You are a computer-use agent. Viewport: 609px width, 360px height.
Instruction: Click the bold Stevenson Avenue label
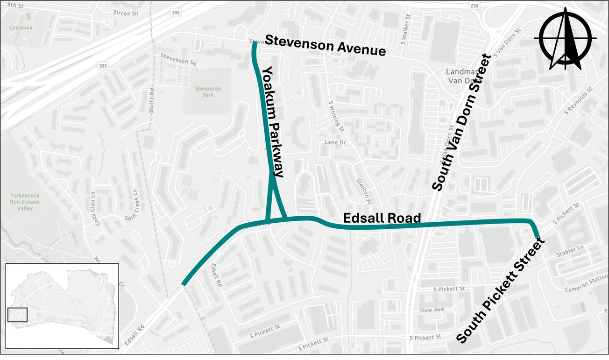(325, 45)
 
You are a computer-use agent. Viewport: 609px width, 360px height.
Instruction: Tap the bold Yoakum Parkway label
(272, 121)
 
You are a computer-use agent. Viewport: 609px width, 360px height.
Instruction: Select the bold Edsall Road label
(382, 218)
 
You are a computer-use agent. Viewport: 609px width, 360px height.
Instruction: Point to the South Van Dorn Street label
(461, 123)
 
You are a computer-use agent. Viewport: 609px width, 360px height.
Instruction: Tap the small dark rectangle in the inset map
(17, 315)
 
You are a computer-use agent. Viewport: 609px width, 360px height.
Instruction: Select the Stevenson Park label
(208, 92)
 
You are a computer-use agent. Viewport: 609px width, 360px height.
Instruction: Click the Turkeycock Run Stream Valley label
(25, 202)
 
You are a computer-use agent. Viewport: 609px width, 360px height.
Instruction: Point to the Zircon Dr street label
(126, 14)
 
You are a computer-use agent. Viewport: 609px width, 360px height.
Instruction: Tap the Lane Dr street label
(335, 142)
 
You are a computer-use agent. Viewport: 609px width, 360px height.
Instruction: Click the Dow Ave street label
(432, 310)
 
